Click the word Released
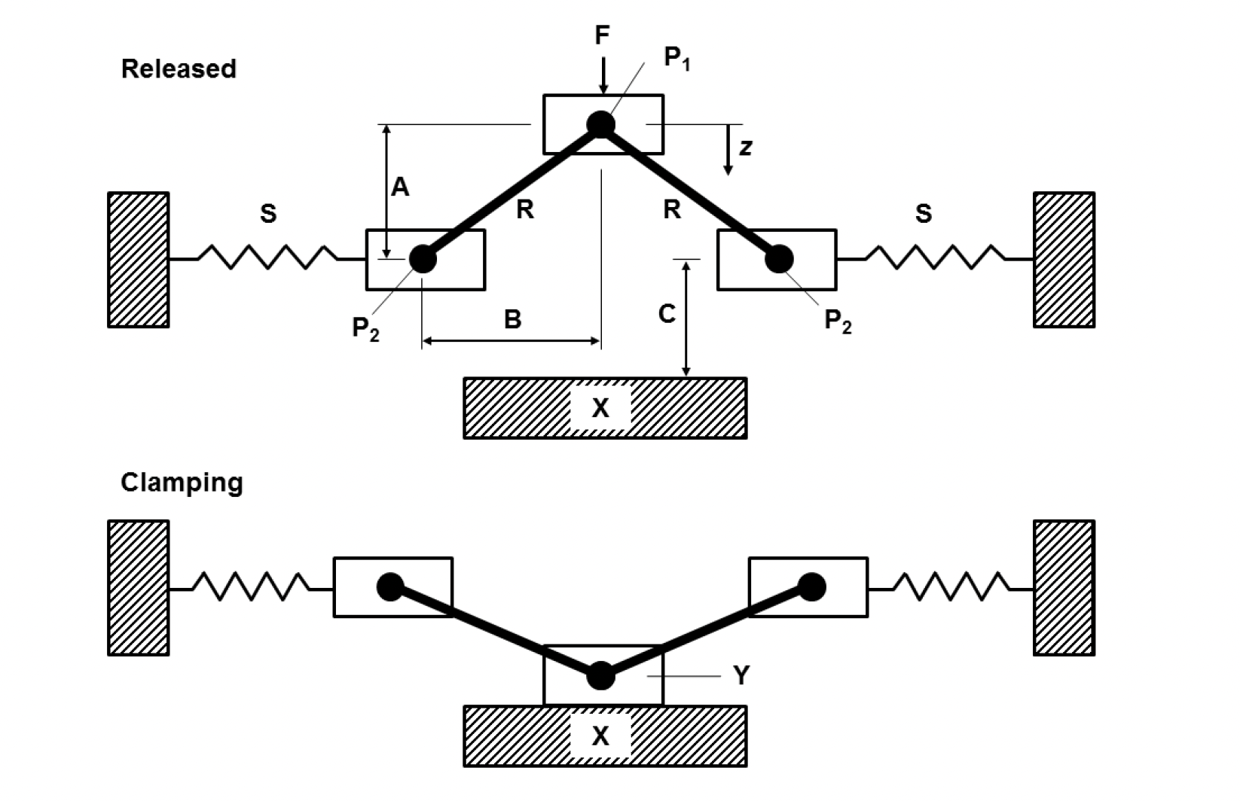pyautogui.click(x=179, y=69)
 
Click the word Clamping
pyautogui.click(x=182, y=482)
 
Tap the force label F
pyautogui.click(x=602, y=35)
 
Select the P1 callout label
pyautogui.click(x=677, y=58)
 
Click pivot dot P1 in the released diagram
pyautogui.click(x=601, y=124)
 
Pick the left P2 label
pyautogui.click(x=365, y=328)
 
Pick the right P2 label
pyautogui.click(x=838, y=321)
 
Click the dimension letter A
pyautogui.click(x=400, y=187)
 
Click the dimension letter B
pyautogui.click(x=512, y=319)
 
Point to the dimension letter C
pyautogui.click(x=667, y=314)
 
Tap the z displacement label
pyautogui.click(x=745, y=147)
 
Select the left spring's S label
pyautogui.click(x=268, y=215)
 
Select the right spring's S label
pyautogui.click(x=923, y=215)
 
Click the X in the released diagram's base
pyautogui.click(x=600, y=408)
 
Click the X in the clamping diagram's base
pyautogui.click(x=600, y=736)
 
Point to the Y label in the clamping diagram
pyautogui.click(x=741, y=676)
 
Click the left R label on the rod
pyautogui.click(x=525, y=210)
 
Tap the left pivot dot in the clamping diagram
pyautogui.click(x=391, y=586)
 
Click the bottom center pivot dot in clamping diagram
pyautogui.click(x=600, y=676)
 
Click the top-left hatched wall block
pyautogui.click(x=139, y=260)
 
